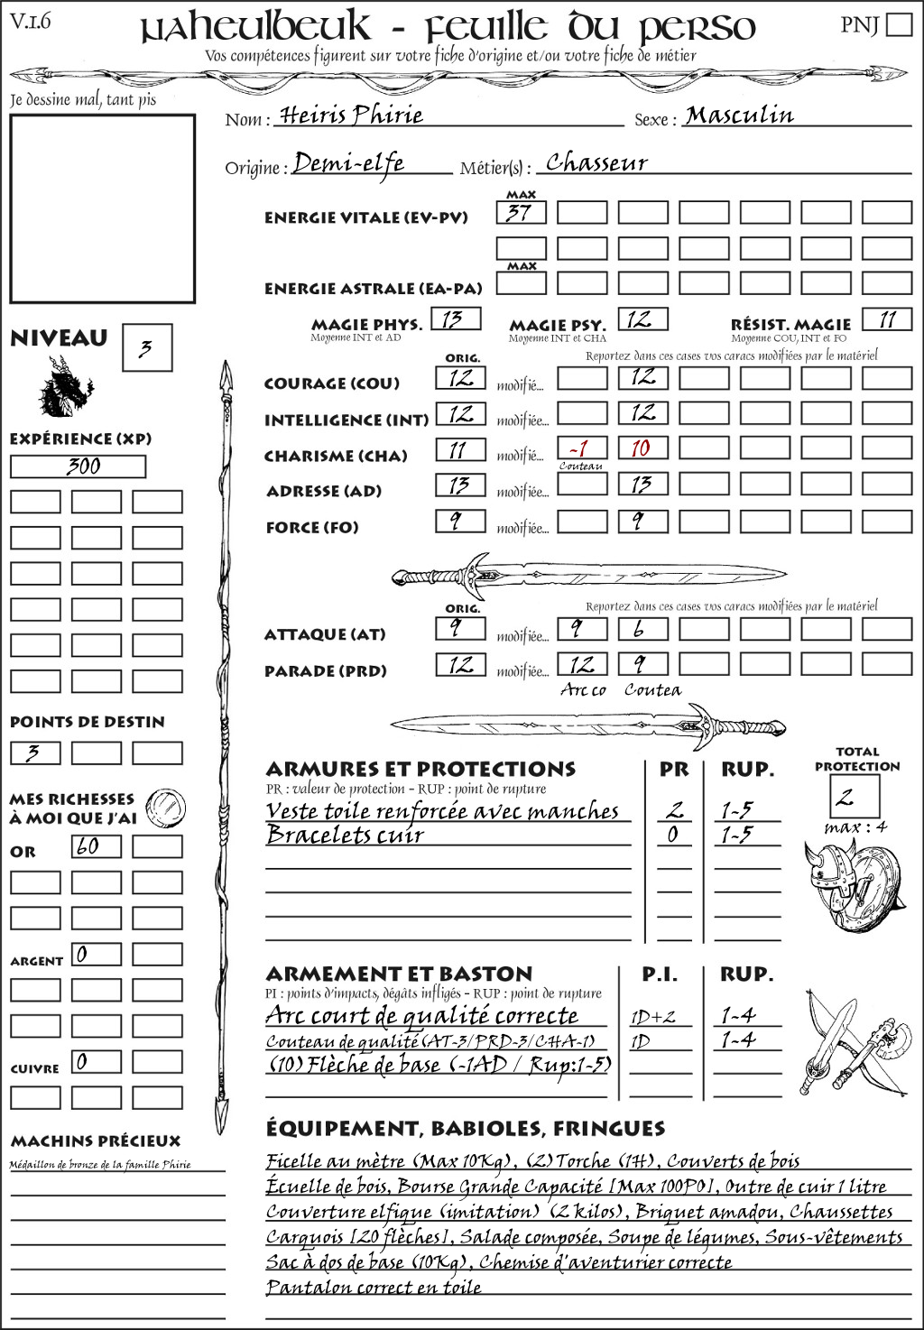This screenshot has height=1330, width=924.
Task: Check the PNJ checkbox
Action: tap(900, 23)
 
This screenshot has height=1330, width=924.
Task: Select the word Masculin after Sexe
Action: tap(739, 115)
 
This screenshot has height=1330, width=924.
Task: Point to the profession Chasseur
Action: tap(596, 163)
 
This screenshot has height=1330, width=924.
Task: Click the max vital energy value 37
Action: tap(521, 213)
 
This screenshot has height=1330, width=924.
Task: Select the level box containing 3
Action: tap(146, 348)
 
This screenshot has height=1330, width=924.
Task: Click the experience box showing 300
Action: tap(78, 466)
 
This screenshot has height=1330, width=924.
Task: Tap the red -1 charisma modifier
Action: tap(581, 448)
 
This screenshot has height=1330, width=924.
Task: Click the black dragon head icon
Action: tap(65, 388)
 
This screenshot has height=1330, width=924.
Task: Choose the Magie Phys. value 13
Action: tap(456, 319)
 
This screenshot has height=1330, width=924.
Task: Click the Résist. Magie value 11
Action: tap(886, 319)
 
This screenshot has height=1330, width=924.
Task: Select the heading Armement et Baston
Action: tap(399, 974)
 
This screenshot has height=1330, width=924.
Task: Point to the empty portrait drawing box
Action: tap(103, 208)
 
